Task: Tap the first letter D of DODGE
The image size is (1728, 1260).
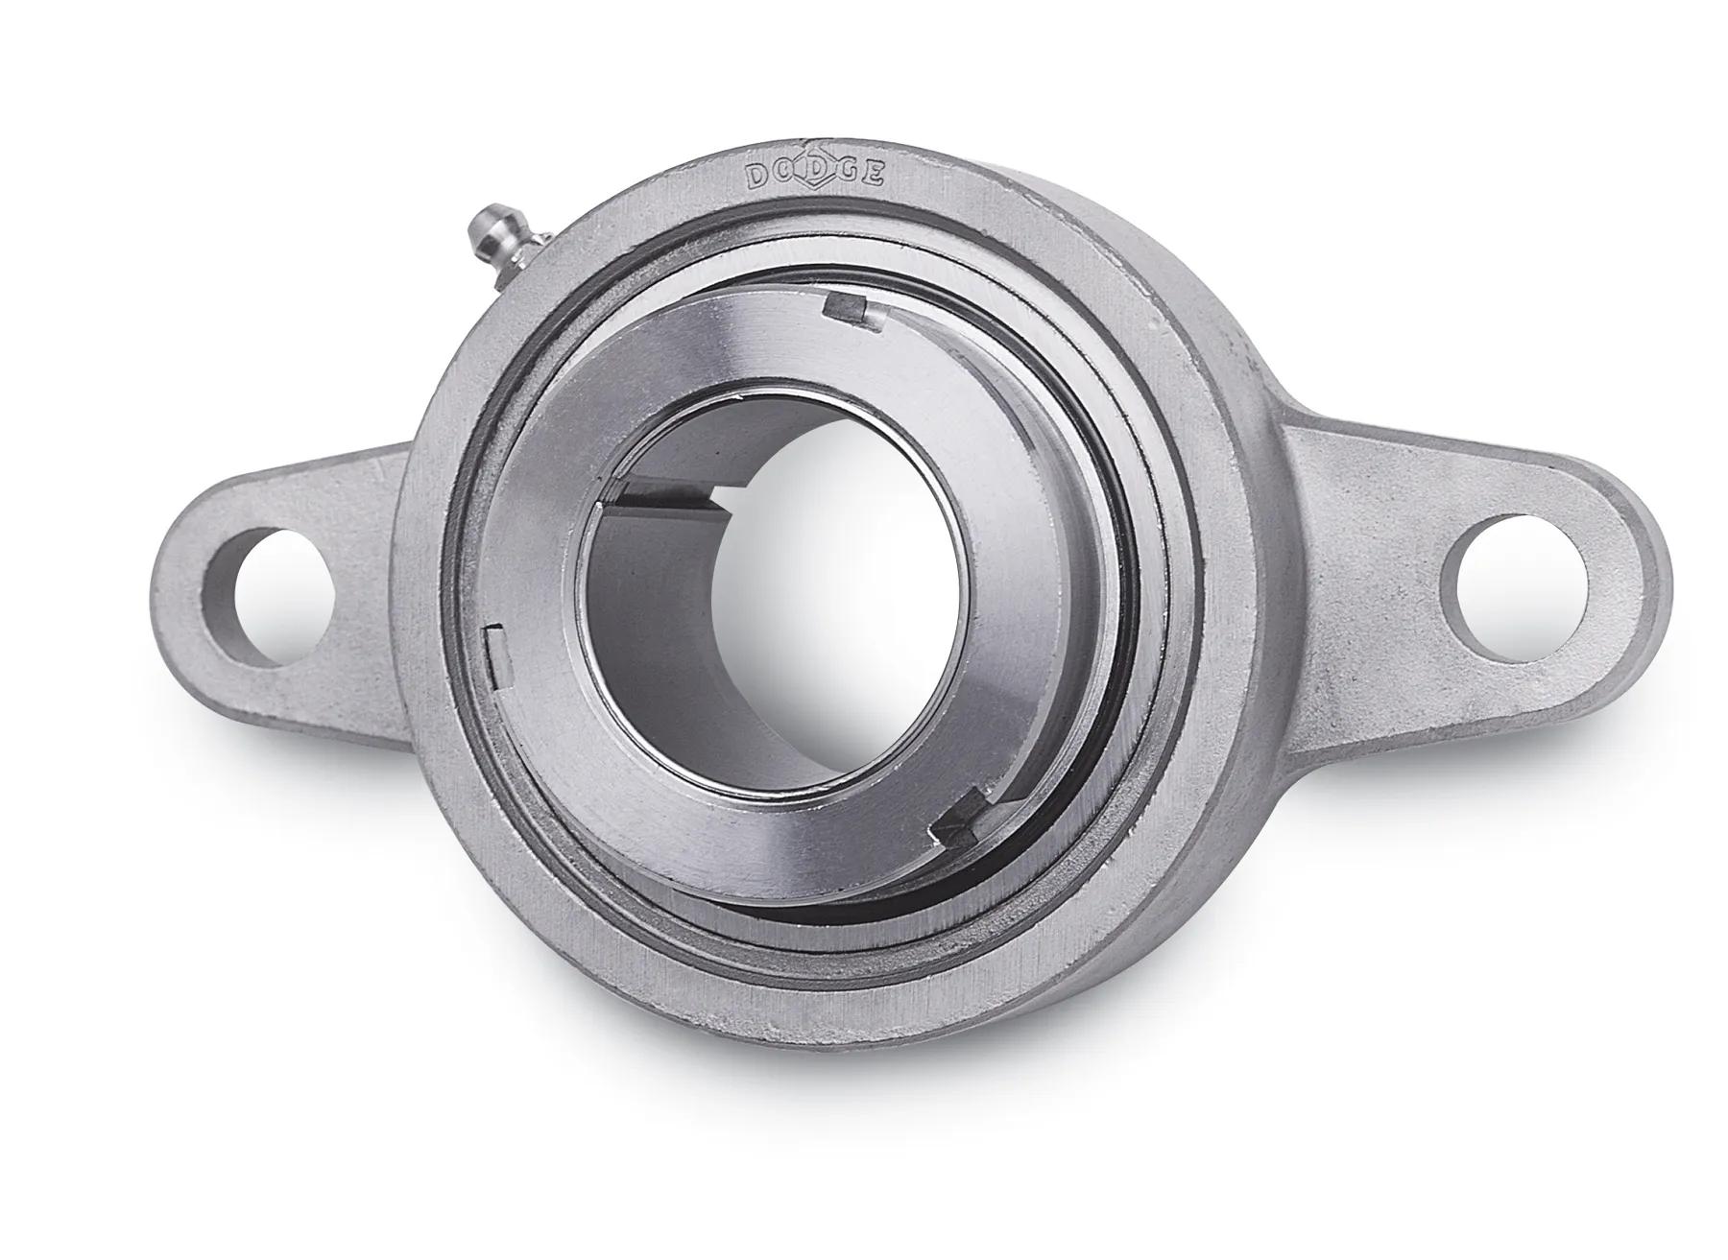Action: click(757, 176)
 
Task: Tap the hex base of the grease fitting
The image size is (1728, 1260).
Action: click(527, 252)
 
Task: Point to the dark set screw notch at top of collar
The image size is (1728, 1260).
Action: click(846, 307)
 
